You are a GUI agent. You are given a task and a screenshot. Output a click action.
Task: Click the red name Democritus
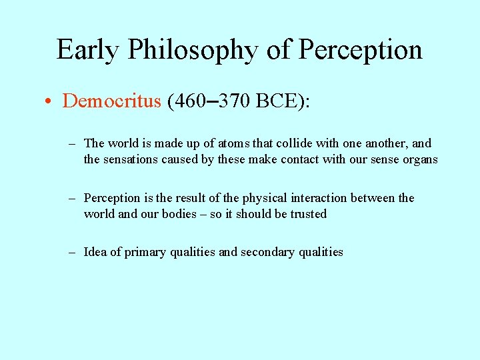point(112,101)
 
